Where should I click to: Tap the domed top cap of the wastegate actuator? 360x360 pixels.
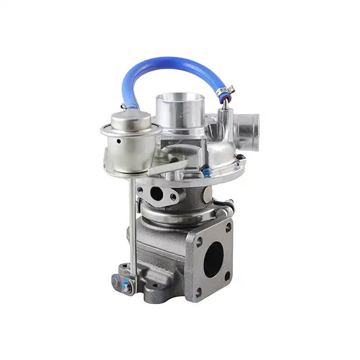coord(131,118)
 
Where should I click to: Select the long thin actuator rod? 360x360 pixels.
coord(132,225)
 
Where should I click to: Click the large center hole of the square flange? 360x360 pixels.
coord(214,259)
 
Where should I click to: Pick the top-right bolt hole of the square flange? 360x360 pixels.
coord(228,227)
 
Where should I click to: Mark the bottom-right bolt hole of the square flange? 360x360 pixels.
coord(228,275)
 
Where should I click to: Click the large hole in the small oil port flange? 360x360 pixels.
coord(156,193)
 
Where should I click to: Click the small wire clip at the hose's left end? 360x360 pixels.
coord(123,107)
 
